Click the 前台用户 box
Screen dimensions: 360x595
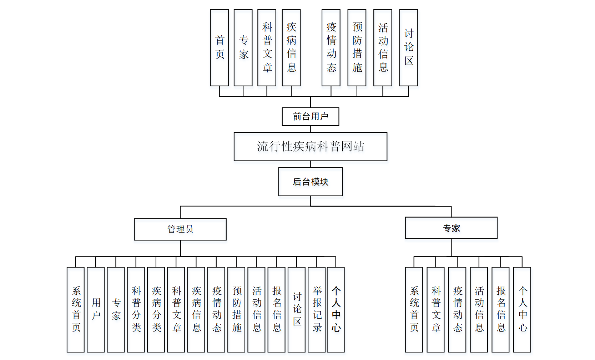(x=310, y=117)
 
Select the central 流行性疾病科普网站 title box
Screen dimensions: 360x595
(x=310, y=147)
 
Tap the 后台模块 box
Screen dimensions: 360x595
(x=310, y=182)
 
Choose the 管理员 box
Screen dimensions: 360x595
(x=180, y=229)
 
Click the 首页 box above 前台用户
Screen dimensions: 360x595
(x=219, y=48)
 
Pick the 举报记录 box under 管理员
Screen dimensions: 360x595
(x=317, y=309)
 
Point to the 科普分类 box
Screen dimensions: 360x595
(x=136, y=309)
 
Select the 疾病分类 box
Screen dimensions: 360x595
(x=156, y=309)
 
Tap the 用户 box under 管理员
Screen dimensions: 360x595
(x=96, y=309)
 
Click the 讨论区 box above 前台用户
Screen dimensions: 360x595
(x=408, y=48)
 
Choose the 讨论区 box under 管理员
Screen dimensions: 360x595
(x=297, y=309)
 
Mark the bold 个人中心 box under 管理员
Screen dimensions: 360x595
(x=336, y=309)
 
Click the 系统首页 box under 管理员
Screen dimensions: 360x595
(x=76, y=309)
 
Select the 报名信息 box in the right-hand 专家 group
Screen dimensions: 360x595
(x=500, y=309)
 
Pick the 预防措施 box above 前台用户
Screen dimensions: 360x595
(x=357, y=48)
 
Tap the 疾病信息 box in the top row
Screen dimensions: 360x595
(x=291, y=48)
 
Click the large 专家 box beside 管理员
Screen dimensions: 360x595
(x=451, y=228)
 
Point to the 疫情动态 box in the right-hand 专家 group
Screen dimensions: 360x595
(x=457, y=309)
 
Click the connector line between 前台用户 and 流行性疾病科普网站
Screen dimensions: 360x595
(x=311, y=129)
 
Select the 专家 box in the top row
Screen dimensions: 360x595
(x=243, y=48)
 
